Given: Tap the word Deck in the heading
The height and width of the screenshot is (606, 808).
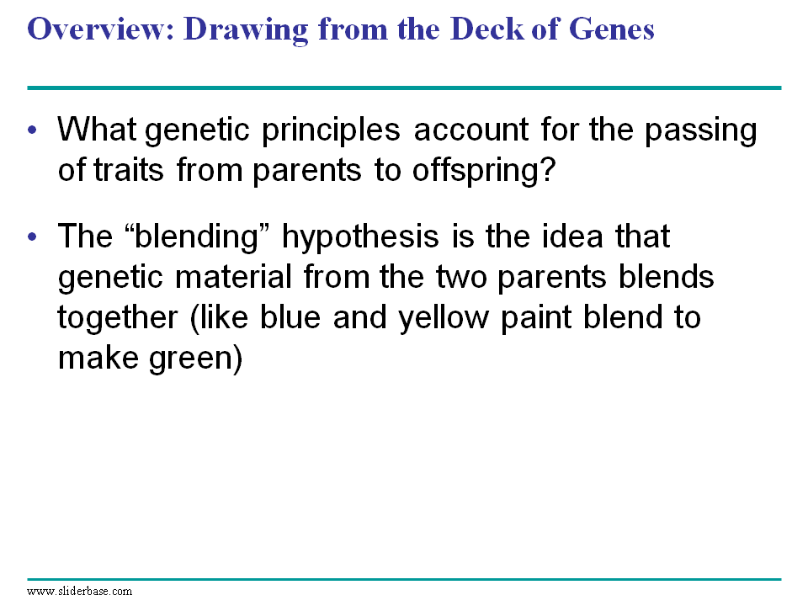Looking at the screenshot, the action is tap(486, 29).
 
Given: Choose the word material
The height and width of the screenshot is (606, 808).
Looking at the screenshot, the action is tap(233, 277).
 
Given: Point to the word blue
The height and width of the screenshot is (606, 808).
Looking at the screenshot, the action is tap(290, 317).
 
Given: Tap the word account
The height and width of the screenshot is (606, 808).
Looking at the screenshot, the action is tap(471, 130).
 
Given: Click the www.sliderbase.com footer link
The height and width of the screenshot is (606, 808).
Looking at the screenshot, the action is tap(79, 591).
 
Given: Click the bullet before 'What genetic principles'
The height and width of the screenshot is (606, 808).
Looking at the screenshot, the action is tap(33, 130).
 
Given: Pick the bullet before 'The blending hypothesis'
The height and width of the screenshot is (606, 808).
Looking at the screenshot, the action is tap(33, 237).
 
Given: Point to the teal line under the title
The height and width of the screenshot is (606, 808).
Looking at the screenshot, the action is tap(404, 88).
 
